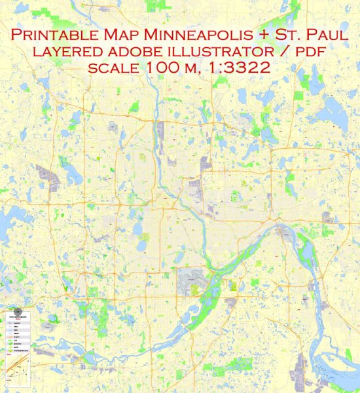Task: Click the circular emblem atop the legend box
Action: click(19, 312)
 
